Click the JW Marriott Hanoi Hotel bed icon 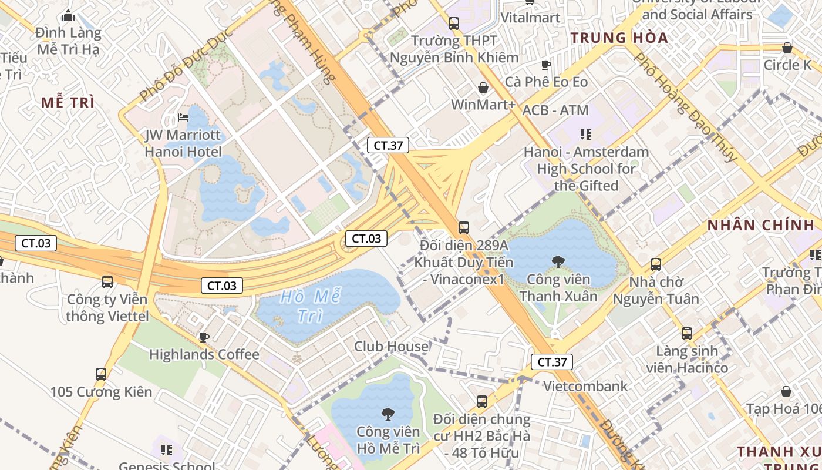tap(183, 117)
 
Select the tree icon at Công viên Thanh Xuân tap(558, 261)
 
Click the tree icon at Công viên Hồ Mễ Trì tap(388, 414)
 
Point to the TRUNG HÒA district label tap(619, 38)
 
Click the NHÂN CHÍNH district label tap(760, 225)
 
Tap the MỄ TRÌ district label tap(68, 103)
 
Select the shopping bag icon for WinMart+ tap(483, 88)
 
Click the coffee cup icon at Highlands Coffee tap(204, 337)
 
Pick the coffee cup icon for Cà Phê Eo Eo tap(546, 65)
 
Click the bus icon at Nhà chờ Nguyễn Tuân tap(656, 264)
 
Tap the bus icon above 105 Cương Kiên tap(101, 374)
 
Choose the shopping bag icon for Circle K tap(787, 48)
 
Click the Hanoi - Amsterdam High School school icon tap(585, 135)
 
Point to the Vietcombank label tap(585, 387)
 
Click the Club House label tap(391, 346)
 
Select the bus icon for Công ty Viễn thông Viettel tap(107, 281)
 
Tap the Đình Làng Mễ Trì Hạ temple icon tap(68, 15)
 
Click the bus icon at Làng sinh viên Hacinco tap(687, 334)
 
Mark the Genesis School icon tap(167, 450)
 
